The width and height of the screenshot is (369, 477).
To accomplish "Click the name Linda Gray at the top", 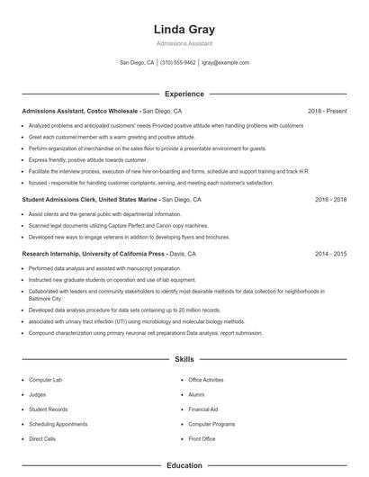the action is coord(184,29).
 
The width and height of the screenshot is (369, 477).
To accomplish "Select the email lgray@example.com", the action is coord(225,63).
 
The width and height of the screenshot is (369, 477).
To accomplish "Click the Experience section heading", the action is coord(184,94).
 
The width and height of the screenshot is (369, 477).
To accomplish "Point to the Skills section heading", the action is coord(184,359).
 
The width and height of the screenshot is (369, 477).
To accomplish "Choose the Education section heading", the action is coord(184,465).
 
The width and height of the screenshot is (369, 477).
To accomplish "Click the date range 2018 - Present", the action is coord(327,111).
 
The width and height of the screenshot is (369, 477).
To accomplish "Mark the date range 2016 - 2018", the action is coord(330,199).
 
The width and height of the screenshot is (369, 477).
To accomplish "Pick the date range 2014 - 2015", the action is coord(330,255).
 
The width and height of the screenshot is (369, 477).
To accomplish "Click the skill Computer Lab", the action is coord(46,380).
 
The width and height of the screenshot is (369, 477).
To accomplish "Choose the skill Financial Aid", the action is coord(203,409).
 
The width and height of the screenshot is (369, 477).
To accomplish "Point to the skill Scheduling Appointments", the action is coord(58,424).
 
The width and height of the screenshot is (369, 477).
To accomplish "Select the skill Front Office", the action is coord(202,438).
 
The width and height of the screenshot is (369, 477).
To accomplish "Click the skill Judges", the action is coord(38,394).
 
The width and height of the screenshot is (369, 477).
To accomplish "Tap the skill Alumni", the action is coord(196,394).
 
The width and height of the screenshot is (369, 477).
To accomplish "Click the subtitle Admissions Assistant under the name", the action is coord(184,44).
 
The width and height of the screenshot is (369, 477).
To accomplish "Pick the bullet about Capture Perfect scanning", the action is coord(106,225).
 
